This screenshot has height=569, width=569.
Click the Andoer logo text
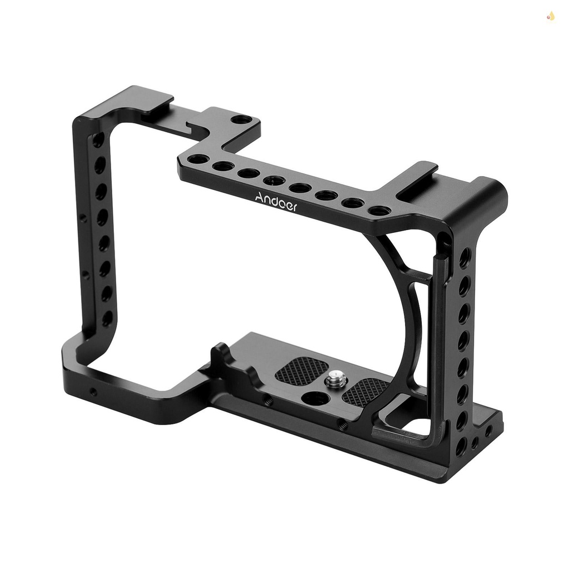(x=276, y=202)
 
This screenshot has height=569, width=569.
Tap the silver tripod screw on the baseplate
(x=336, y=380)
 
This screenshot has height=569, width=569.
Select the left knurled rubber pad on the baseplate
(x=302, y=370)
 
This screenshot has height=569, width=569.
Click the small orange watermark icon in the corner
(x=551, y=17)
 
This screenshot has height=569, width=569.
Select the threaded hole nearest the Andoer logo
(x=274, y=179)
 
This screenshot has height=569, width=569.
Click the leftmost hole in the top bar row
(x=198, y=159)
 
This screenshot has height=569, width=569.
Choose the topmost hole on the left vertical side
(x=98, y=140)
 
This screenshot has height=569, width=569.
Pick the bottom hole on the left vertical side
(x=107, y=318)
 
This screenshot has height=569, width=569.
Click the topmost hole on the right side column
(x=465, y=257)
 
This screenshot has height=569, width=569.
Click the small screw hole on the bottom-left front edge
(x=93, y=392)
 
